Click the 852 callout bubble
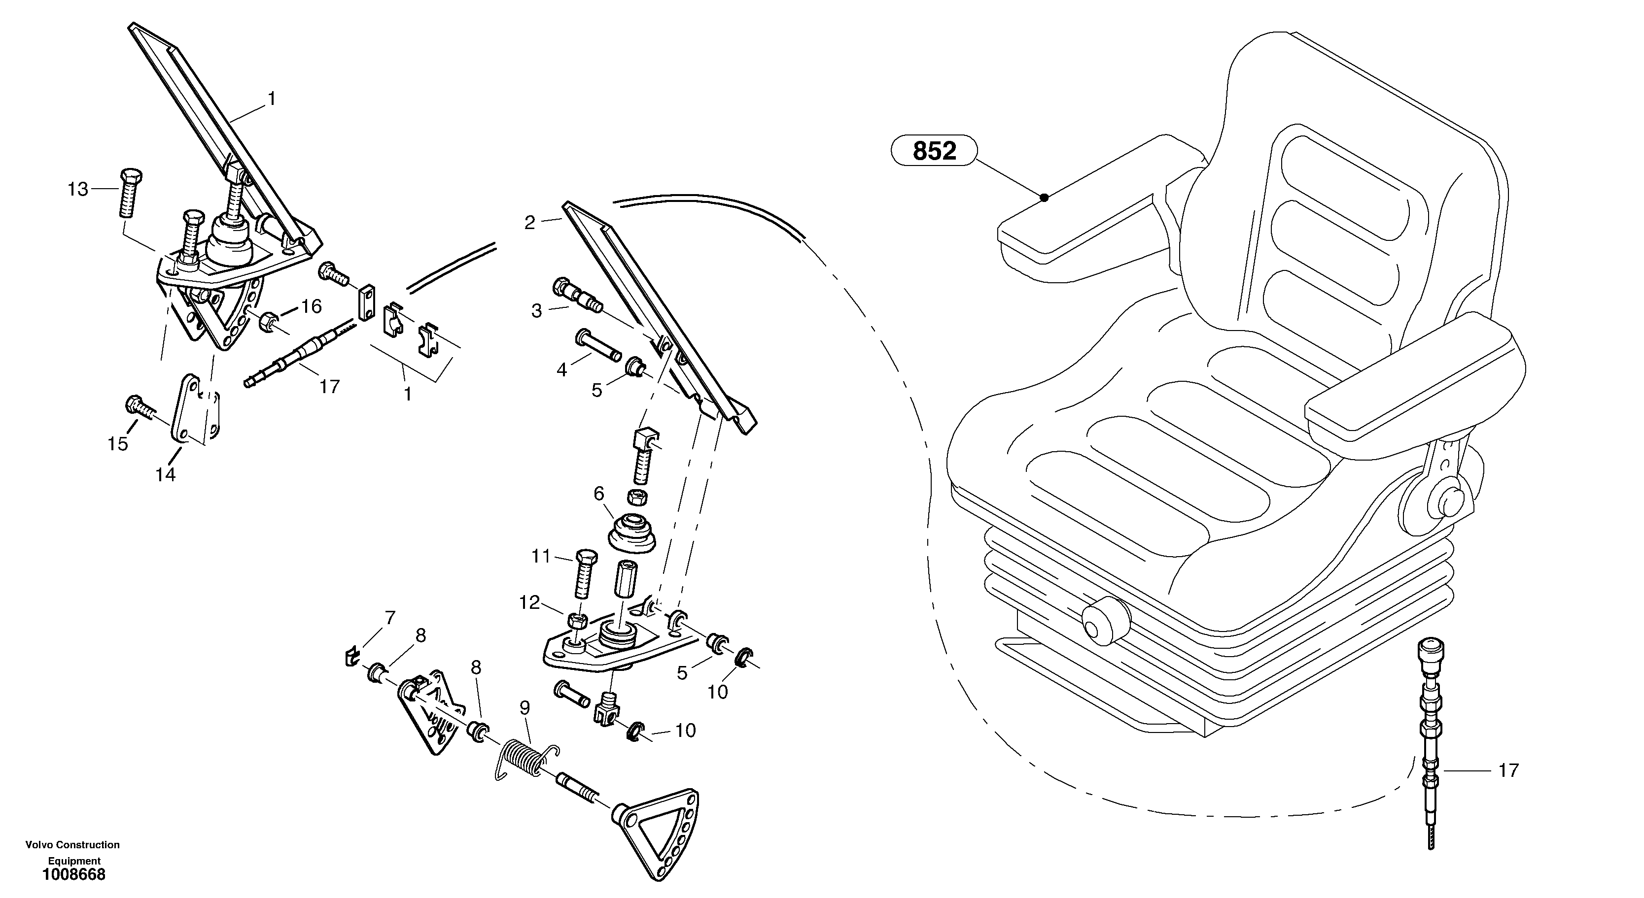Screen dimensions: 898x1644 tap(934, 151)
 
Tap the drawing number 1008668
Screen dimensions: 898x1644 tap(74, 875)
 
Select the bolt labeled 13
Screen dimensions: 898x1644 tap(130, 193)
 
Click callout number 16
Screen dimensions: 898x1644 tap(312, 307)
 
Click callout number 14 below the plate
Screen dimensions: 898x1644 tap(165, 474)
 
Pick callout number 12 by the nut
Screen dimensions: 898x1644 tap(530, 602)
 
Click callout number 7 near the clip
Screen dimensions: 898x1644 tap(389, 617)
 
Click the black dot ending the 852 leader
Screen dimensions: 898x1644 tap(1044, 198)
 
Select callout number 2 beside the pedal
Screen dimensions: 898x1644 tap(530, 223)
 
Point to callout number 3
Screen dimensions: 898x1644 tap(537, 311)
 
